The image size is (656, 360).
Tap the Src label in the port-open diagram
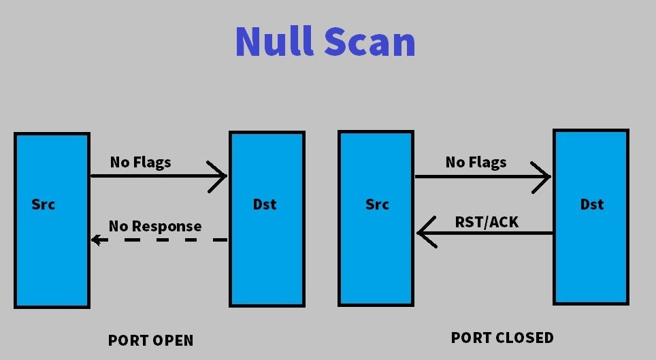44,204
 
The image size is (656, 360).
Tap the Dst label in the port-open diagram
265,204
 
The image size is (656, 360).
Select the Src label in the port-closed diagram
377,204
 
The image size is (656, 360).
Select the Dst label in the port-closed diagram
591,204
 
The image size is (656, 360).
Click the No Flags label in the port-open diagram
140,162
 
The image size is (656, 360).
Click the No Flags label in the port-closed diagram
476,162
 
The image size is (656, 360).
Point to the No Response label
155,226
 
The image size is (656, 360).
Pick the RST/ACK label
487,222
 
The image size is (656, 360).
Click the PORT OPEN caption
150,340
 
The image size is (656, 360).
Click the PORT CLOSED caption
502,338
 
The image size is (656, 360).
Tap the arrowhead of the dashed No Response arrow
97,240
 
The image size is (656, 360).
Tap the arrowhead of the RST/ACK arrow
423,233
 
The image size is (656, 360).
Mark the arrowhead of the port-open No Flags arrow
220,176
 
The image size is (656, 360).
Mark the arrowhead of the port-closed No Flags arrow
544,176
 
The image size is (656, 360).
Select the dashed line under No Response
163,240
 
